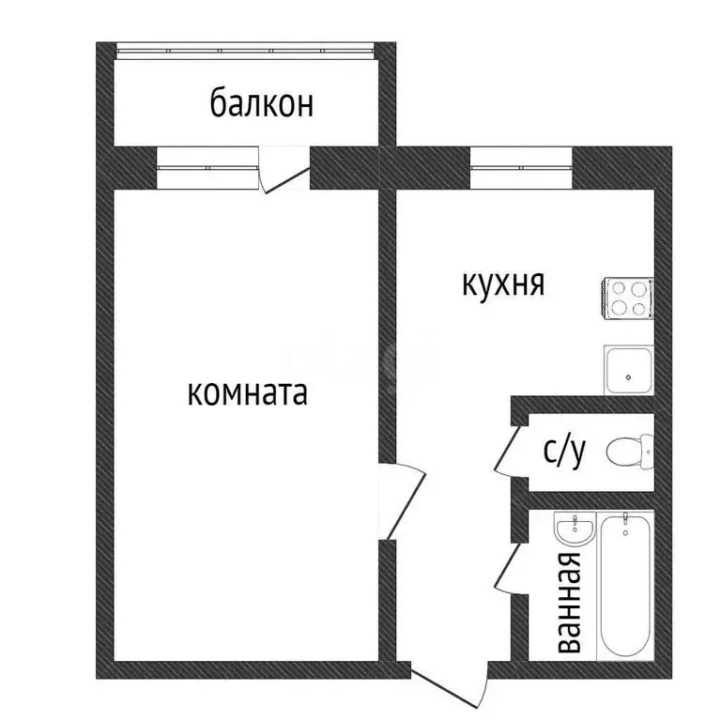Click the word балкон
click(x=261, y=102)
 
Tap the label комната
click(x=248, y=392)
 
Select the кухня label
click(x=503, y=283)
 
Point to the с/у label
click(x=565, y=453)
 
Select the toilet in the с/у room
click(x=629, y=452)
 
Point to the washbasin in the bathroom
click(x=573, y=530)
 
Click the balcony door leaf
click(x=285, y=178)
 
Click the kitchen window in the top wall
click(x=521, y=168)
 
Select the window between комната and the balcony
click(x=207, y=168)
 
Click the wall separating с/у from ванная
click(x=582, y=498)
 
